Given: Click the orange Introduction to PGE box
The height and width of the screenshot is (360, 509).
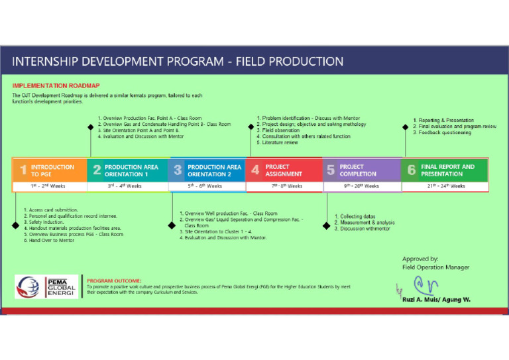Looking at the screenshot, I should (x=50, y=170).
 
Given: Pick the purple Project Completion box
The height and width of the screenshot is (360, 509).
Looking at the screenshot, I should (x=361, y=170).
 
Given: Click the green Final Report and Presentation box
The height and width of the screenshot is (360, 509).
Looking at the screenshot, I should (x=444, y=170).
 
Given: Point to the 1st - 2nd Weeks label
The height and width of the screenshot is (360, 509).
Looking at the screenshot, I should (x=50, y=186).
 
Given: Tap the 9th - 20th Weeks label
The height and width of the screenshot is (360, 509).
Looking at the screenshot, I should (x=361, y=186).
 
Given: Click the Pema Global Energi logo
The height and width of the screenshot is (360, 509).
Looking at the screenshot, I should (x=47, y=286).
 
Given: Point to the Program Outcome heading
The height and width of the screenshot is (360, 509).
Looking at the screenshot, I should (x=114, y=280).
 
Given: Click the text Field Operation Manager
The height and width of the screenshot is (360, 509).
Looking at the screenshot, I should (x=435, y=267).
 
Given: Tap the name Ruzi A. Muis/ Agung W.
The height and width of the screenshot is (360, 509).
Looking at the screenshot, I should (x=437, y=300).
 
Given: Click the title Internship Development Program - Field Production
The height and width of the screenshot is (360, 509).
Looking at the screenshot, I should (x=178, y=62).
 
